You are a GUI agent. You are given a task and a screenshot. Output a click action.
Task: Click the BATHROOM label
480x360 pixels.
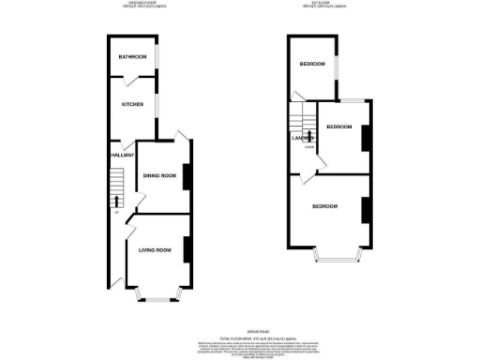click(128, 57)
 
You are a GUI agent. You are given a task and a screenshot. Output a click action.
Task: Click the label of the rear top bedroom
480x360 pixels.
click(311, 64)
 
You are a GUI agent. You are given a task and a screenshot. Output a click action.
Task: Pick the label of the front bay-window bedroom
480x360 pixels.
click(324, 206)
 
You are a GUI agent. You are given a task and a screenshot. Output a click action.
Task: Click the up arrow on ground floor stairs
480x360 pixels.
click(116, 199)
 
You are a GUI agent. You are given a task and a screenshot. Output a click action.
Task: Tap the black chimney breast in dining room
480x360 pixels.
click(187, 176)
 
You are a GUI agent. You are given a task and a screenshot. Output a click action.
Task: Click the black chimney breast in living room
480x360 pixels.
click(187, 249)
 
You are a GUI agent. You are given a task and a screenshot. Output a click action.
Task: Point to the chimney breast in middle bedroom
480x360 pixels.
click(366, 137)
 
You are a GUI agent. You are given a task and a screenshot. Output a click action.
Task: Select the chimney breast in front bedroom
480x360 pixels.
click(363, 209)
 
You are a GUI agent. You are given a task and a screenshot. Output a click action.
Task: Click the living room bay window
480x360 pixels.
click(155, 298)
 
